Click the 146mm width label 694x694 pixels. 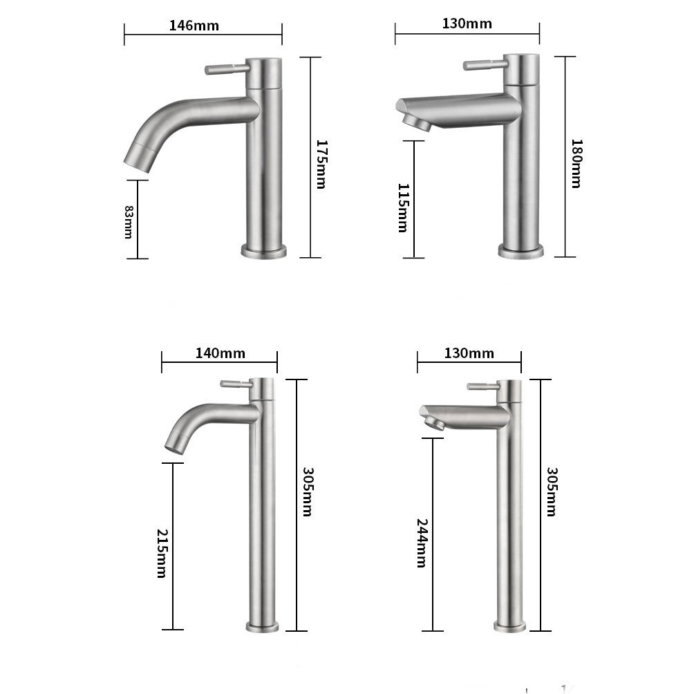coord(194,26)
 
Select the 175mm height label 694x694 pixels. coord(321,164)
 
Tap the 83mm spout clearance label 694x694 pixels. coord(128,221)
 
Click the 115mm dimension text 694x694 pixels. coord(402,207)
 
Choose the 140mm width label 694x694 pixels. coord(220,353)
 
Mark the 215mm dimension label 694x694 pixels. coord(162,553)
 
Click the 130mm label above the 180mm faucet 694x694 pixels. coord(467,24)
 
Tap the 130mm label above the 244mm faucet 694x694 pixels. coord(469,353)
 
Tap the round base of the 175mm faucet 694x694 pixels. coord(263,250)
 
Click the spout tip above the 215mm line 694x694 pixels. coord(176,442)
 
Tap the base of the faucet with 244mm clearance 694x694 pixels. coord(509,626)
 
